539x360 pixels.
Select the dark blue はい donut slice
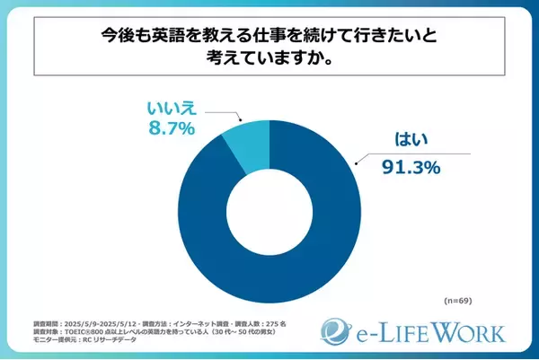(269, 269)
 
